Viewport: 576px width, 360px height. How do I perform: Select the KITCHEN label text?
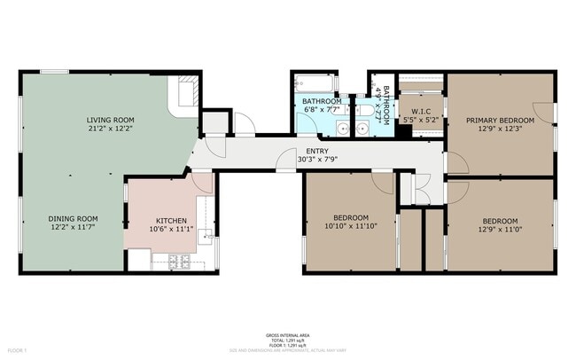coord(170,221)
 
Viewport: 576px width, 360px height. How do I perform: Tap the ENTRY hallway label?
coord(316,151)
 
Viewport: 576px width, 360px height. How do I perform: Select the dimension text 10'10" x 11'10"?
coord(348,227)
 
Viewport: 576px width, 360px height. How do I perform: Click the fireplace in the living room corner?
coord(188,91)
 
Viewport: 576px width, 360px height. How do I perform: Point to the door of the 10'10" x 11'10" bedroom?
coord(383,183)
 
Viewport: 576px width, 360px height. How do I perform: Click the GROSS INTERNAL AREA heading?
coord(287,335)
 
